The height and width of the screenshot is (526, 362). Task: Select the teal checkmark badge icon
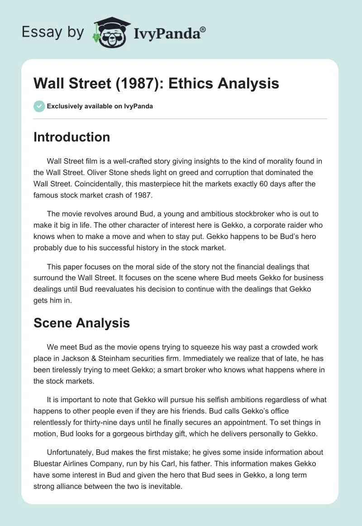[39, 106]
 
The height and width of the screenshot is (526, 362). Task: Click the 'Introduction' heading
[71, 137]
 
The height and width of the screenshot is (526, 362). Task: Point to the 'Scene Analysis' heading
[81, 323]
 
